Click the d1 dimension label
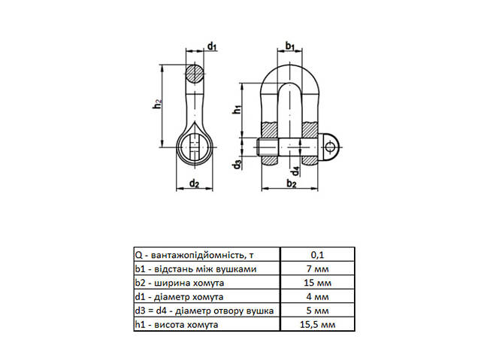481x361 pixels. tap(213, 47)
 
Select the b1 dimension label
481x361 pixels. tap(289, 47)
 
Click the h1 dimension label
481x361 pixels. tap(237, 109)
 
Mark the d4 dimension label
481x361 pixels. tap(295, 170)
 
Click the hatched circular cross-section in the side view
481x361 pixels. tap(195, 75)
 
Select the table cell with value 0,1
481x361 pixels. tap(317, 253)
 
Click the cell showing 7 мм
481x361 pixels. tap(317, 268)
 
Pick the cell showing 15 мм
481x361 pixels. tap(317, 282)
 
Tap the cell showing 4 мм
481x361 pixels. tap(317, 296)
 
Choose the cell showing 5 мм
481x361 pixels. tap(317, 310)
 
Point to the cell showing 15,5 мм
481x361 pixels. tap(317, 324)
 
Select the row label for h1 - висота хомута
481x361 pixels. tap(177, 324)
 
